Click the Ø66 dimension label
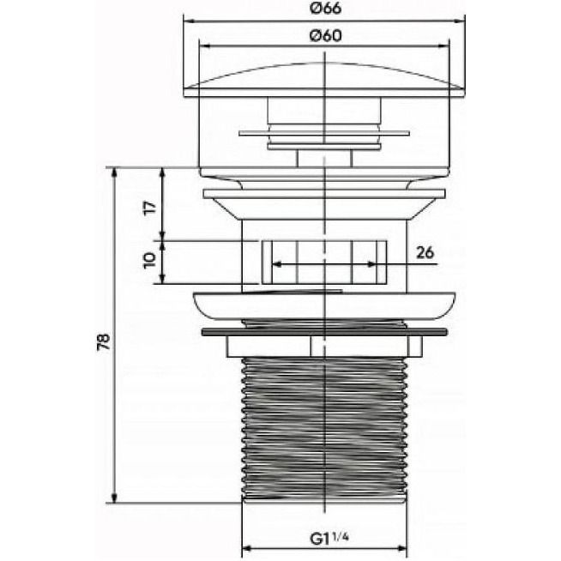click(x=325, y=9)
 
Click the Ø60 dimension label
click(x=325, y=36)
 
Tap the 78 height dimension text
click(x=104, y=341)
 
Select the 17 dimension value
click(x=150, y=208)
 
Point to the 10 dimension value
click(x=149, y=261)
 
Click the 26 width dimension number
click(x=425, y=252)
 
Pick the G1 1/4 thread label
click(x=329, y=538)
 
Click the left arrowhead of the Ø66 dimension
click(x=189, y=21)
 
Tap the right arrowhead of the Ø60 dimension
click(x=444, y=45)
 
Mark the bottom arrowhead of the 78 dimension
click(x=114, y=498)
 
